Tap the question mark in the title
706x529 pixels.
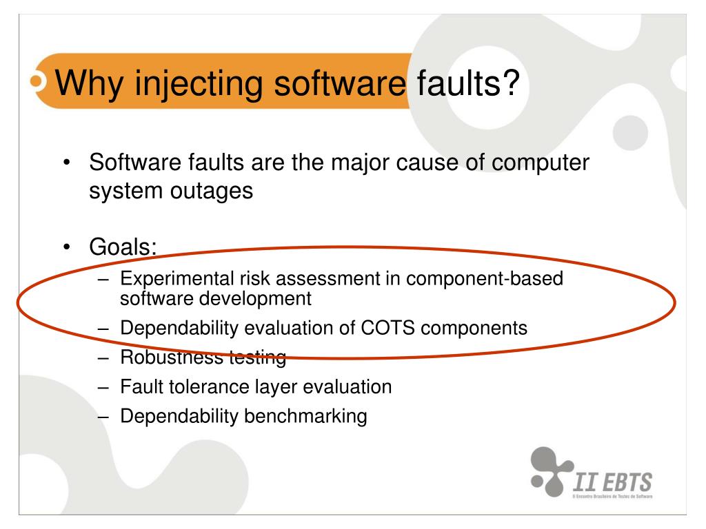coord(509,83)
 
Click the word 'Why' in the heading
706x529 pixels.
coord(85,83)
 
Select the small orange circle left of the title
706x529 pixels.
coord(37,81)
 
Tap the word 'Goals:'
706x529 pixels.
coord(123,246)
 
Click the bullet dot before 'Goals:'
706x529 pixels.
coord(66,247)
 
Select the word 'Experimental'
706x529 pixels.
coord(167,278)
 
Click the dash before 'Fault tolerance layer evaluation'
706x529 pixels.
coord(105,386)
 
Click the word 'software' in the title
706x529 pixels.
coord(339,83)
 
